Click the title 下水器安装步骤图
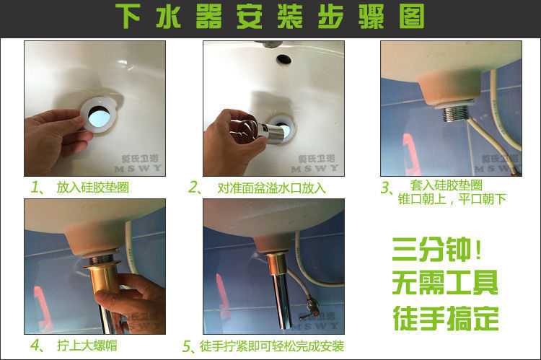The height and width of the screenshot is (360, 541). click(x=270, y=17)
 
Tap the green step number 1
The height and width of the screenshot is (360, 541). click(x=36, y=188)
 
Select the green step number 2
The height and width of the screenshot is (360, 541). click(x=194, y=188)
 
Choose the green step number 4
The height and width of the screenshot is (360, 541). click(x=36, y=345)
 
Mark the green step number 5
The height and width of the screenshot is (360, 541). click(x=188, y=346)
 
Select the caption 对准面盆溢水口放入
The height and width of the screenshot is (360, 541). click(x=272, y=188)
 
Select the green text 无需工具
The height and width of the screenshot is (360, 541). click(x=444, y=282)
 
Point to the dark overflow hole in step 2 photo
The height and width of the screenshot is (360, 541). click(x=283, y=58)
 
